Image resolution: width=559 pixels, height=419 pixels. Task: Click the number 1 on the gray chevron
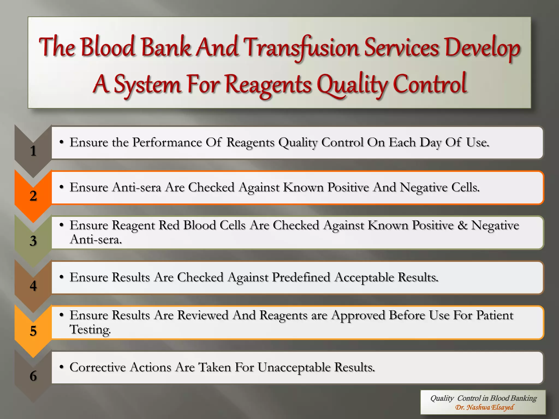click(33, 151)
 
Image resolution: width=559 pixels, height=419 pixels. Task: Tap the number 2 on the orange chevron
click(33, 196)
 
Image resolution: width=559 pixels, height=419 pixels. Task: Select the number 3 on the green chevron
click(33, 241)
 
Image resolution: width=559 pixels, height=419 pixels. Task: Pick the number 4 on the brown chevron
click(33, 286)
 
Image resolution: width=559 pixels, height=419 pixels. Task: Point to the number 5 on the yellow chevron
click(33, 331)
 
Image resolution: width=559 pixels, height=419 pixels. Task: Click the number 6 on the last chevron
click(33, 376)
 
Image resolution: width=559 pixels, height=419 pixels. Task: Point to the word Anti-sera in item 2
click(136, 187)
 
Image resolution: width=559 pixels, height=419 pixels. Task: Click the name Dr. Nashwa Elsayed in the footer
click(484, 407)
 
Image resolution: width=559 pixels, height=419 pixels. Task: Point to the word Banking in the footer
click(526, 398)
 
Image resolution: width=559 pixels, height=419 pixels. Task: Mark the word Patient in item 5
click(495, 315)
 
